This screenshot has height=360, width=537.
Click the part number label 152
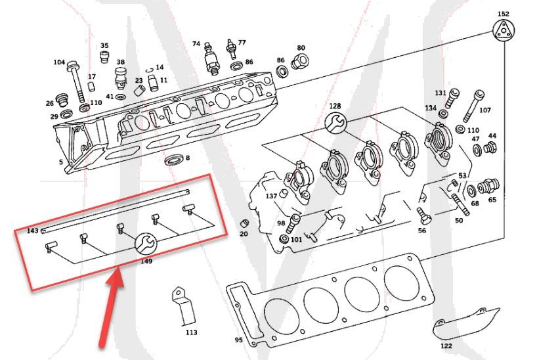click(503, 13)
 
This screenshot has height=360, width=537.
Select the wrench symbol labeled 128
click(335, 122)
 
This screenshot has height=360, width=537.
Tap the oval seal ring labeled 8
click(174, 160)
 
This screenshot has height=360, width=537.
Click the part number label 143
click(32, 231)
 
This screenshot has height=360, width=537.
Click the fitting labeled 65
click(490, 187)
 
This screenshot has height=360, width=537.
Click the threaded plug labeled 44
click(489, 148)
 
